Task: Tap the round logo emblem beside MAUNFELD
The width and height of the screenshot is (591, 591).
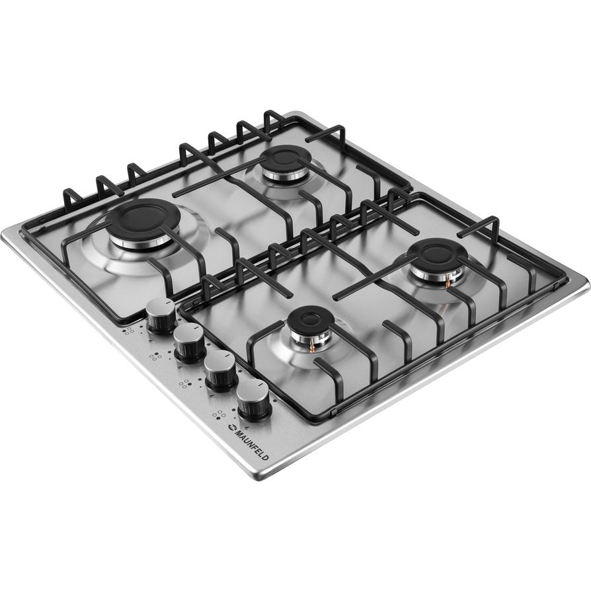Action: pos(230,428)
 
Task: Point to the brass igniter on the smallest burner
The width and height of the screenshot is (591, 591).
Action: pos(312,344)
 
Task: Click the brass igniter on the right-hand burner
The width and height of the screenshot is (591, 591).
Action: pos(448,280)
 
